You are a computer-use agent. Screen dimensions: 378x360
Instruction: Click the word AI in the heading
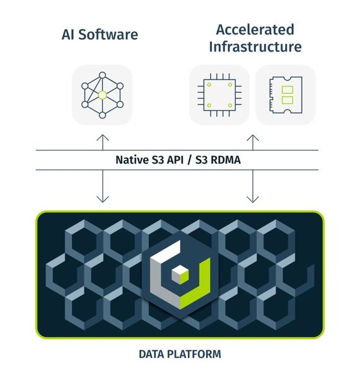69,34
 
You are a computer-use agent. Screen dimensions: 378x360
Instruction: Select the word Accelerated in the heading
255,29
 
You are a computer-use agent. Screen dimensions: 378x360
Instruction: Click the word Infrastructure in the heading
255,47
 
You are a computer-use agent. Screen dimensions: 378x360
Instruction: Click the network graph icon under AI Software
102,94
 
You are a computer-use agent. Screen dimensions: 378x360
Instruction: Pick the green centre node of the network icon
102,95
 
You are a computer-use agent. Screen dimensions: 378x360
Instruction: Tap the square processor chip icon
219,95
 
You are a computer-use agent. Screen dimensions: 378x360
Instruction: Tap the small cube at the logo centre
181,272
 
